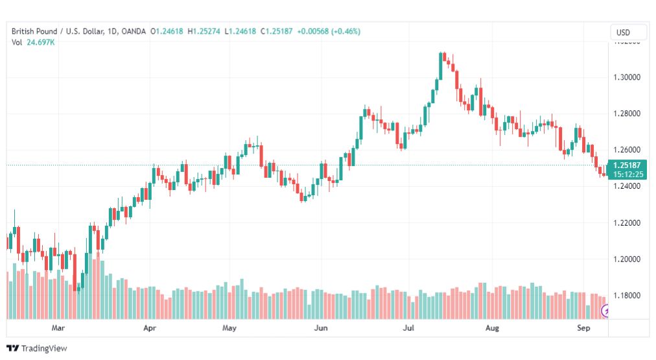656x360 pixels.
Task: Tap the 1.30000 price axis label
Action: pyautogui.click(x=627, y=77)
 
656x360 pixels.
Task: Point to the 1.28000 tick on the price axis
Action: pyautogui.click(x=627, y=114)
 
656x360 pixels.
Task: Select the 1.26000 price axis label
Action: pyautogui.click(x=627, y=150)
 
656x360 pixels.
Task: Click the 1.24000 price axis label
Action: pyautogui.click(x=627, y=186)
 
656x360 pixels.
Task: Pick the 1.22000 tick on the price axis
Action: pyautogui.click(x=627, y=222)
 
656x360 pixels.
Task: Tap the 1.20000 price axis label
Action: pyautogui.click(x=627, y=259)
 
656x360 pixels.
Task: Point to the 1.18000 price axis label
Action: pyautogui.click(x=627, y=296)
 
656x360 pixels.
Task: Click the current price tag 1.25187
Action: pyautogui.click(x=627, y=165)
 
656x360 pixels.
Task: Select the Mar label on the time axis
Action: pyautogui.click(x=58, y=328)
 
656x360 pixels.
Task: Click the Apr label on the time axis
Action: pyautogui.click(x=149, y=328)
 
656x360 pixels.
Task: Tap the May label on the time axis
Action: pyautogui.click(x=229, y=328)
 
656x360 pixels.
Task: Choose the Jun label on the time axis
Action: pyautogui.click(x=321, y=328)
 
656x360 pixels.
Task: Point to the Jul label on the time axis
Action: pyautogui.click(x=408, y=328)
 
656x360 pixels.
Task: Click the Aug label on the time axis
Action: pyautogui.click(x=492, y=328)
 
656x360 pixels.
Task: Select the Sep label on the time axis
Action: pyautogui.click(x=583, y=328)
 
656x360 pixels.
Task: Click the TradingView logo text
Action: pyautogui.click(x=44, y=348)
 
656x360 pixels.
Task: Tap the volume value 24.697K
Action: pyautogui.click(x=41, y=42)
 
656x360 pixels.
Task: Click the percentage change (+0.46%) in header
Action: pyautogui.click(x=346, y=31)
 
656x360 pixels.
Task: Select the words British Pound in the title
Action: pyautogui.click(x=34, y=31)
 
